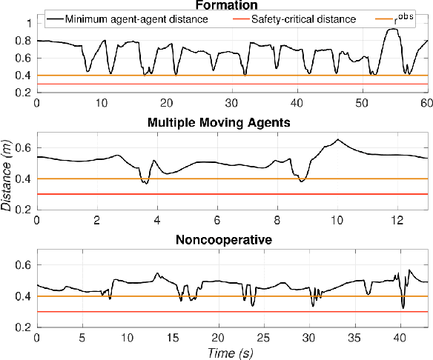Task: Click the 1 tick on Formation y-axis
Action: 28,24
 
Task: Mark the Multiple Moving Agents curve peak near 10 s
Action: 338,139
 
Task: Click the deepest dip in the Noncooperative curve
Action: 403,307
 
